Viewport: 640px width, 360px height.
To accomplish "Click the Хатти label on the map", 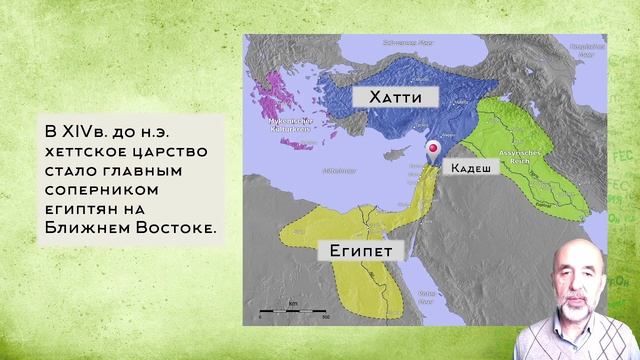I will click(x=384, y=98).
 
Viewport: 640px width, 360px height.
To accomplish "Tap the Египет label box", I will click(x=356, y=251).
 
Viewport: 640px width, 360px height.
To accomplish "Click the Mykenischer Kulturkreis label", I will click(x=287, y=126).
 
